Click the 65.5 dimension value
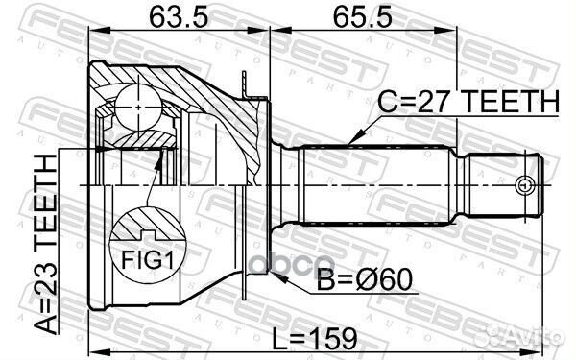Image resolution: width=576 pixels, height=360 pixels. pyautogui.click(x=353, y=17)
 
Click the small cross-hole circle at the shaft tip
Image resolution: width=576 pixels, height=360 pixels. pyautogui.click(x=524, y=184)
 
